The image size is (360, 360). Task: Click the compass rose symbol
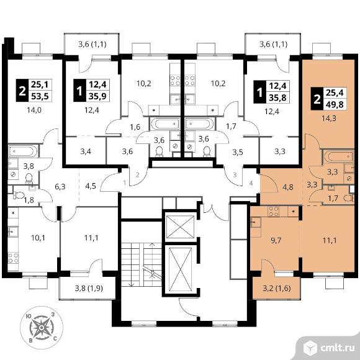coord(42,327)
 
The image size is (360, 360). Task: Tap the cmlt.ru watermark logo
coord(329,348)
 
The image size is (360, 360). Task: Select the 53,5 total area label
coord(40,97)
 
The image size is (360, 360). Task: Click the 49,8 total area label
coord(335,105)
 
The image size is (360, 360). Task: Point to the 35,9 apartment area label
coord(97,97)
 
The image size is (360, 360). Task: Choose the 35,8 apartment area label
coord(277,98)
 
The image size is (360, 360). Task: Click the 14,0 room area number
coord(34,110)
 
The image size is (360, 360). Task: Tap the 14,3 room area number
coord(330,119)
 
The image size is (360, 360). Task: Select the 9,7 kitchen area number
coord(276,240)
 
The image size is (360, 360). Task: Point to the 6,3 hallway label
coord(60,187)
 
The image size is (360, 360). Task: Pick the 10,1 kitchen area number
coord(38,238)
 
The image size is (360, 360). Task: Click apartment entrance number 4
coord(251,183)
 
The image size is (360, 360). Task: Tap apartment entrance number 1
coord(124,183)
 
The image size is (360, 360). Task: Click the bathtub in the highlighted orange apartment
coord(339,157)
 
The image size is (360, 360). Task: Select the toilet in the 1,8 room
coord(19,195)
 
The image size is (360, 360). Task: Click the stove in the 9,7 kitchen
coord(274,212)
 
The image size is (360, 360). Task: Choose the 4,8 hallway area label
coord(288,187)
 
